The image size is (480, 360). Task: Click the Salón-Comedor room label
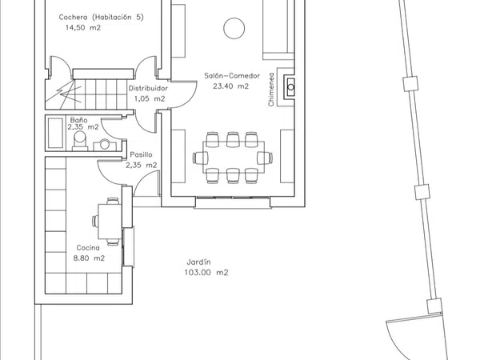tap(232, 76)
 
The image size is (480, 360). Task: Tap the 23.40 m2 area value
tap(231, 86)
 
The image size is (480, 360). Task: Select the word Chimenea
tap(271, 90)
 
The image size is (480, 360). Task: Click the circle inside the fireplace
tap(291, 87)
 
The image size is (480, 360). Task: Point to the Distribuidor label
tap(148, 89)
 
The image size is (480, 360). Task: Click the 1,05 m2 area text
tap(150, 99)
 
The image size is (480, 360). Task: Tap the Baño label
tap(78, 120)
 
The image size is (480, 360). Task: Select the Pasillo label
tap(141, 154)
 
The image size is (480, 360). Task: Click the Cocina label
tap(88, 248)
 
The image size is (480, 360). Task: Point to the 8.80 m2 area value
tap(89, 258)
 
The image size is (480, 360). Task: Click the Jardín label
tap(198, 262)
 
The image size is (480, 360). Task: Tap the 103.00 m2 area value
tap(206, 273)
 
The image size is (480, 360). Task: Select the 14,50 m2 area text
tap(83, 28)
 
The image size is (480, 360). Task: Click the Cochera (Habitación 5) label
tap(101, 17)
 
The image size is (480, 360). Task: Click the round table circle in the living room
tap(234, 28)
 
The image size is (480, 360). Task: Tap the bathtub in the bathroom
tap(56, 133)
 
